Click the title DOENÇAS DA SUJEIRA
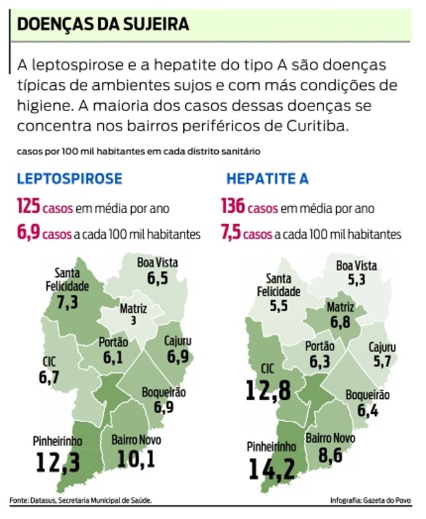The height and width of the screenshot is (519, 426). [x=103, y=25]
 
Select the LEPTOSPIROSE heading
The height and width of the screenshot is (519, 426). [x=69, y=179]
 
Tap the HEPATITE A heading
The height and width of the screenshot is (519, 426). [x=267, y=179]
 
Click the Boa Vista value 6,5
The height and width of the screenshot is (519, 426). [x=157, y=279]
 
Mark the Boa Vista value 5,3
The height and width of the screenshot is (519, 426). [x=356, y=280]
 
